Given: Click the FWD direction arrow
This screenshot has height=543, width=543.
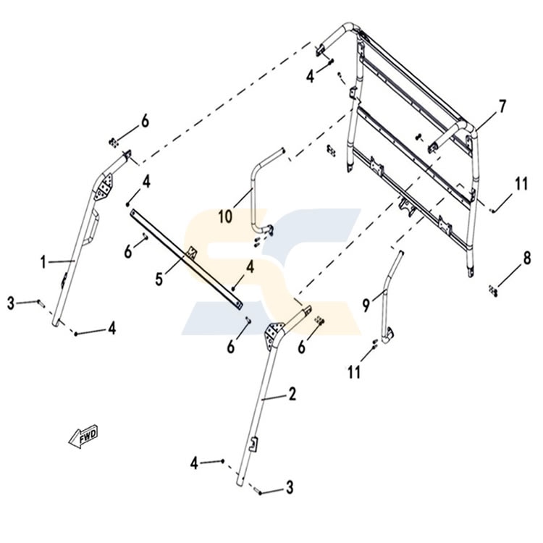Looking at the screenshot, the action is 83,437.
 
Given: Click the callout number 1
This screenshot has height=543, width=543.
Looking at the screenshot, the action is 43,262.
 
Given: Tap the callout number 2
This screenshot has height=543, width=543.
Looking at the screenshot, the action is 292,395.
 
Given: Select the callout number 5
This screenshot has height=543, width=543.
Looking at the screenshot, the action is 159,279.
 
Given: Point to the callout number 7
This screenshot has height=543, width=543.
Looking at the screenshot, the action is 502,106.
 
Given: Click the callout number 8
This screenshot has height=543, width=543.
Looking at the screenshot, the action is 527,258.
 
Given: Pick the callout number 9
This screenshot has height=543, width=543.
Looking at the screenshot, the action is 366,305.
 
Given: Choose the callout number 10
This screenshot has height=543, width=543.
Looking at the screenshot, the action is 225,217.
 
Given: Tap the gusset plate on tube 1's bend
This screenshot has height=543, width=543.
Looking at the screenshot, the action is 104,187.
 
